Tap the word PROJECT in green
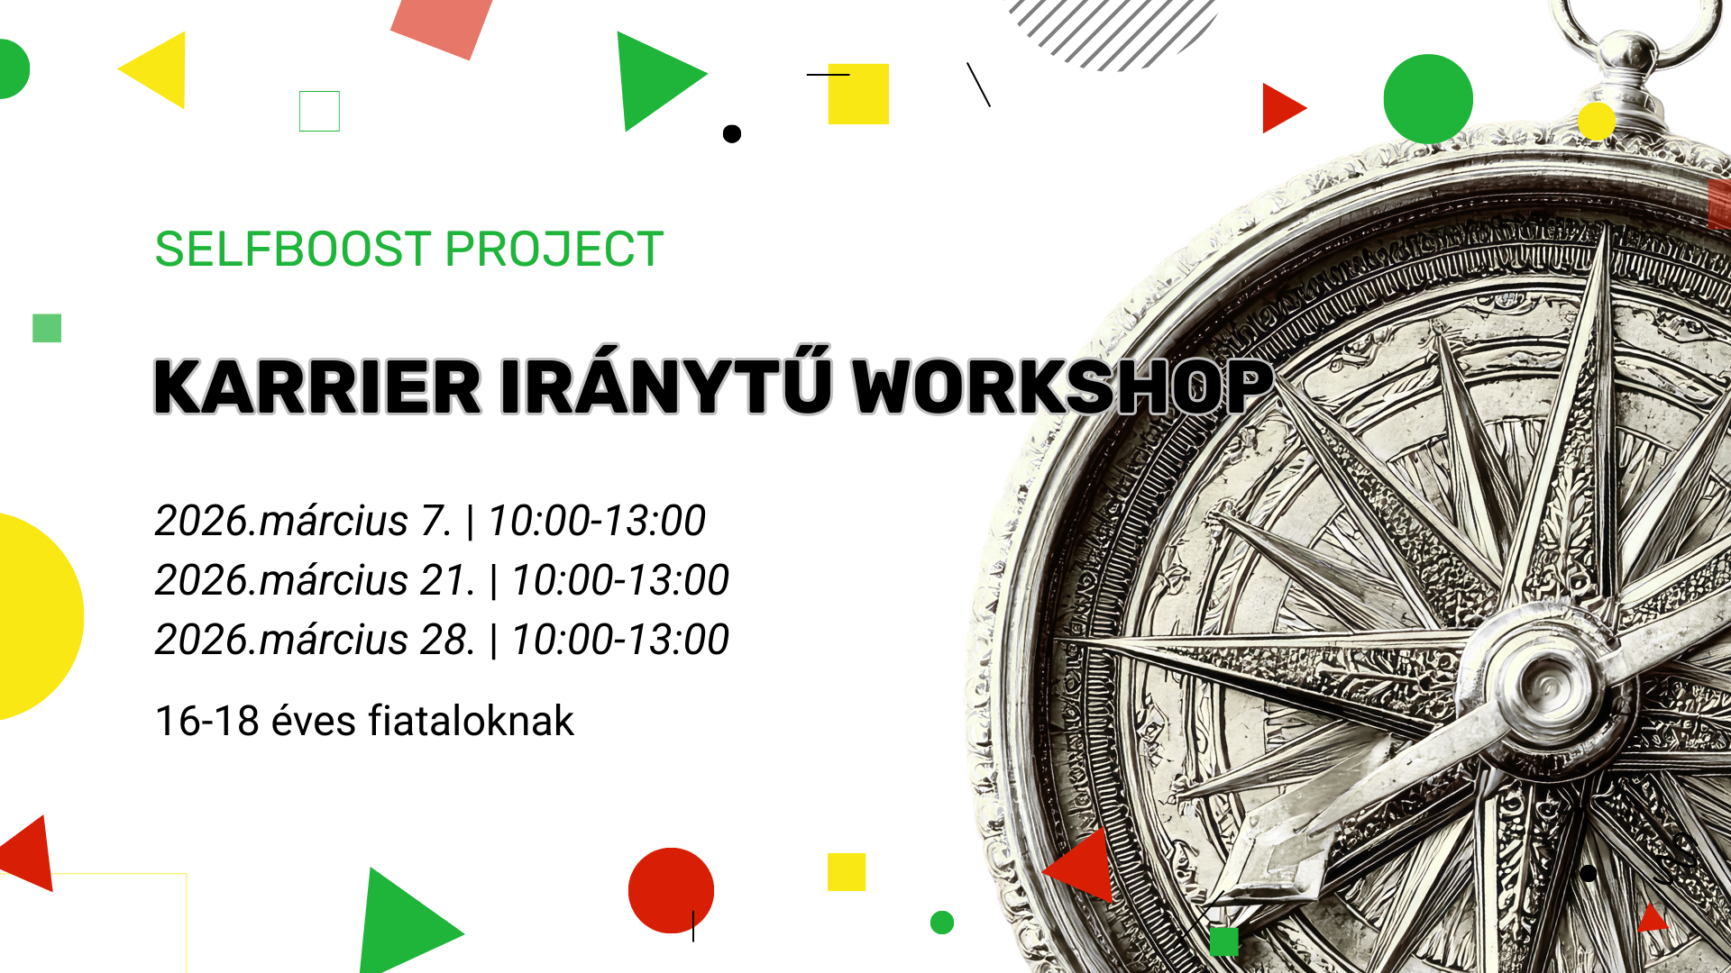tap(554, 250)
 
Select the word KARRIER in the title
tap(317, 387)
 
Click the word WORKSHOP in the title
tap(1062, 387)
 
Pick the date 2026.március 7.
tap(303, 521)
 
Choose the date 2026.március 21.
tap(315, 580)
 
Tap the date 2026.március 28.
tap(315, 640)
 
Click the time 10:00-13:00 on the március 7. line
tap(597, 521)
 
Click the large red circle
tap(671, 890)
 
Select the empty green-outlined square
tap(319, 111)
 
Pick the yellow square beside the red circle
tap(847, 872)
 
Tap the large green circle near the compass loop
tap(1428, 99)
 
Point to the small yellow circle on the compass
tap(1596, 121)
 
